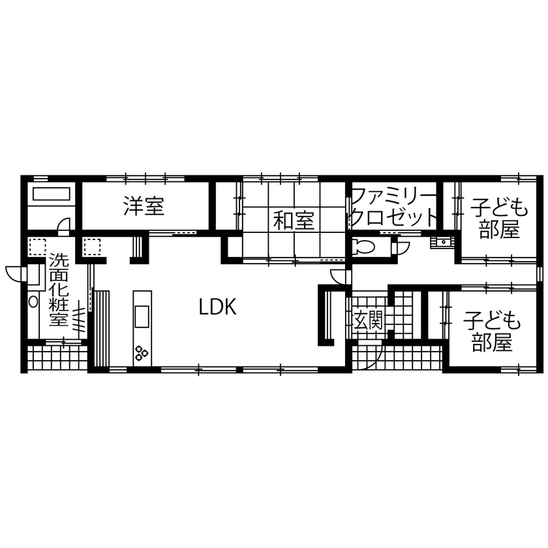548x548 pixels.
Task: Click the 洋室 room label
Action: [x=144, y=207]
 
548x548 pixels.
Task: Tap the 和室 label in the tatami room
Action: [x=294, y=221]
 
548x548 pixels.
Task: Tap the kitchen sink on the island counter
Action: [x=142, y=317]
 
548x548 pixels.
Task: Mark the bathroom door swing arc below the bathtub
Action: [x=63, y=225]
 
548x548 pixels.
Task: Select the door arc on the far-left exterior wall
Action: [x=14, y=270]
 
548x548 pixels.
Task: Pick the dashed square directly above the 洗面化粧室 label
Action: [x=37, y=247]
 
